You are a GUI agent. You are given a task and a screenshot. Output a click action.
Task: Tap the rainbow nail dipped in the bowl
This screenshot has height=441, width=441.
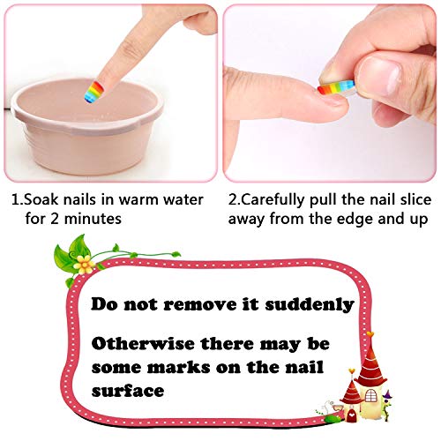[x=93, y=92]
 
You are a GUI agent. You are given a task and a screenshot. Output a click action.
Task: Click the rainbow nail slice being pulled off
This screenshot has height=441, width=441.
[x=337, y=87]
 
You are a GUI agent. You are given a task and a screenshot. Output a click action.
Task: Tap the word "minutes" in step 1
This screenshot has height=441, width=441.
[x=93, y=219]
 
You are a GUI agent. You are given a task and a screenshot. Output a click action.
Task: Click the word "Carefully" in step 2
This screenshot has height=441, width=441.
[x=273, y=200]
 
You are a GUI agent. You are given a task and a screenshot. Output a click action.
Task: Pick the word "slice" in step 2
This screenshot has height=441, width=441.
[x=415, y=200]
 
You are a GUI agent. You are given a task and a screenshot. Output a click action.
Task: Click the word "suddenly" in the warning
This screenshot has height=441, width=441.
[x=310, y=304]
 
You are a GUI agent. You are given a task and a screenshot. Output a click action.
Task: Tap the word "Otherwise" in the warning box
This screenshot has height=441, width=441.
[x=143, y=343]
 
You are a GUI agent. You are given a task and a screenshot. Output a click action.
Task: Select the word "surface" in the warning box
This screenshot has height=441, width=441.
[x=128, y=391]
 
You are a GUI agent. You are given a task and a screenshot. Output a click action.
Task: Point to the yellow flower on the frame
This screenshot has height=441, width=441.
[x=85, y=264]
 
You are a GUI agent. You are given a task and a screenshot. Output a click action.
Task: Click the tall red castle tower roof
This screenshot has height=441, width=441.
[x=370, y=361]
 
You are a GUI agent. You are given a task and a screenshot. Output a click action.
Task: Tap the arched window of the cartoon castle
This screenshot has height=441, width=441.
[x=370, y=395]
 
